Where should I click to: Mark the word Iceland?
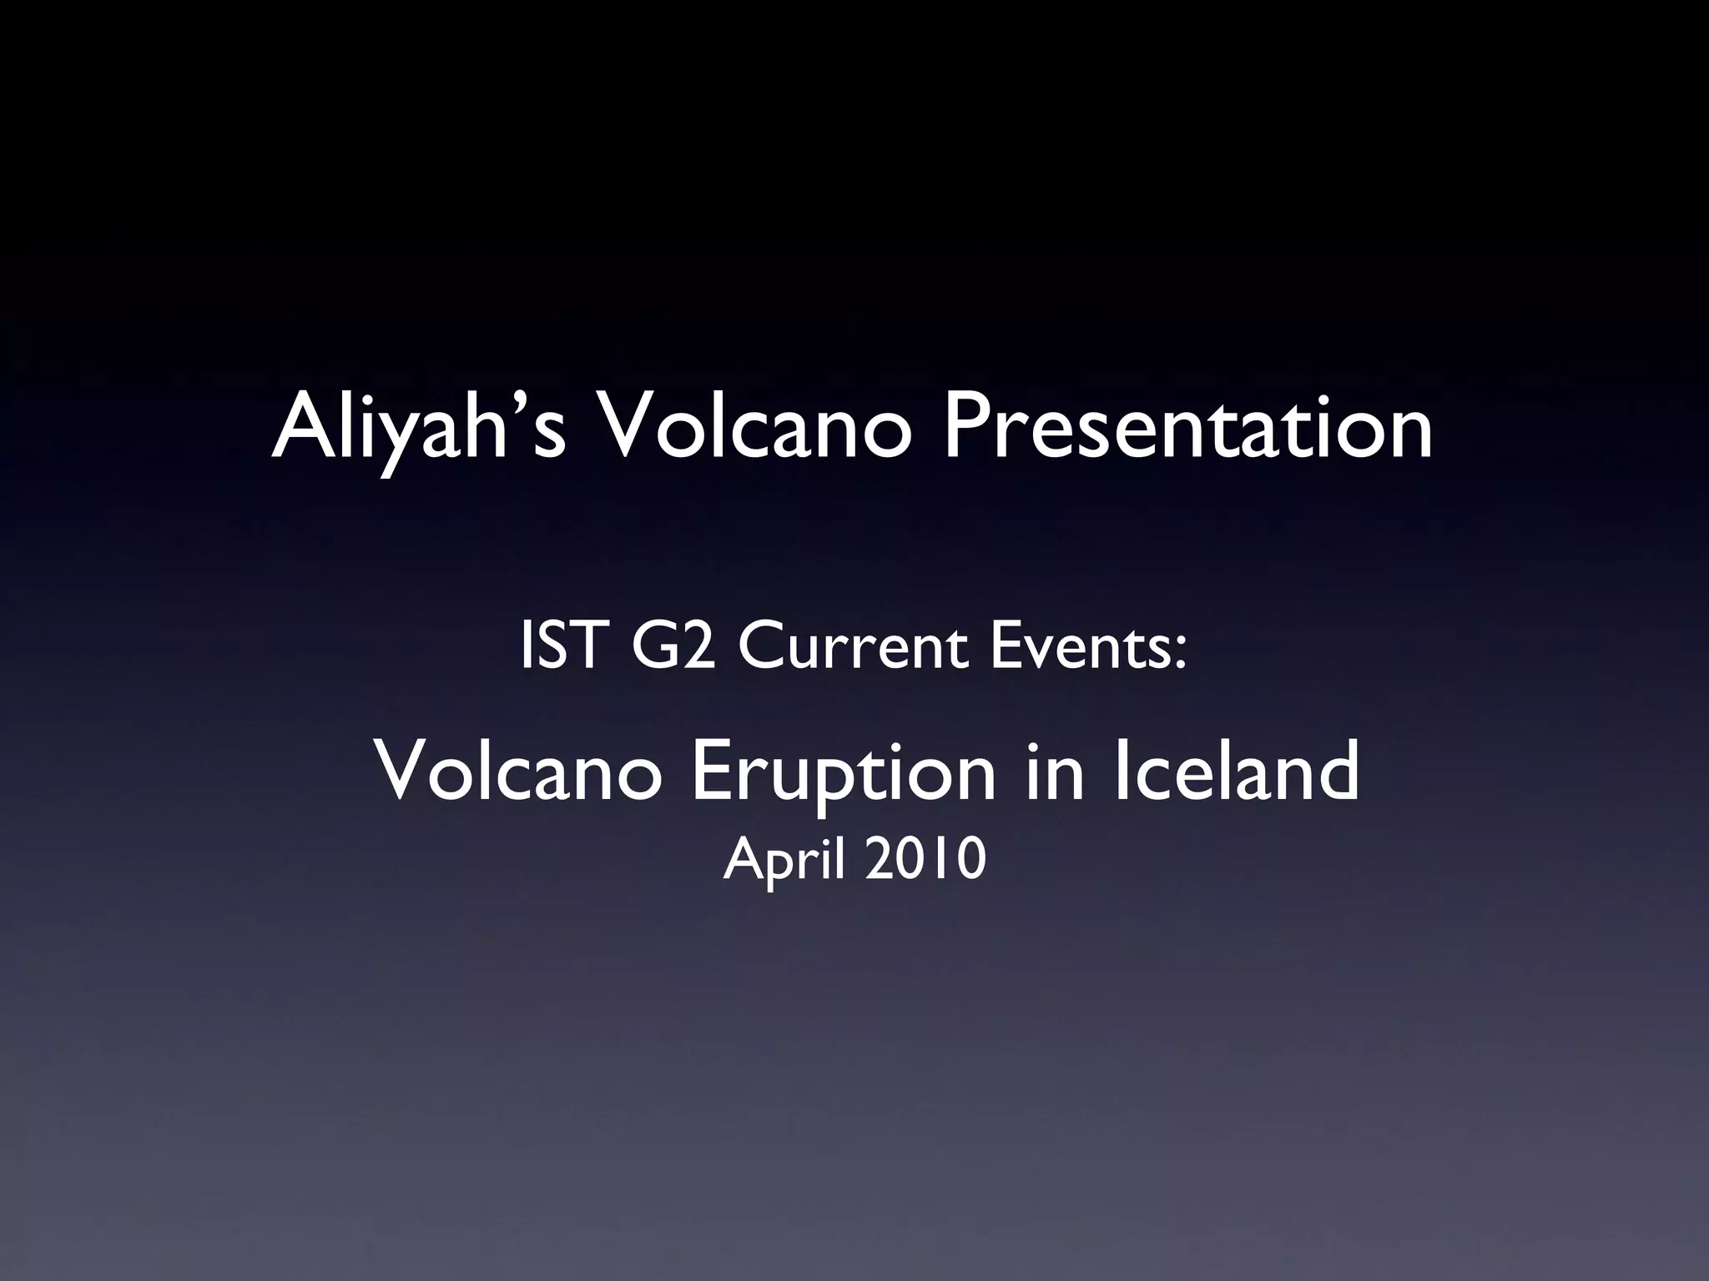coord(1236,772)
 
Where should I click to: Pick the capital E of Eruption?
coord(710,772)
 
